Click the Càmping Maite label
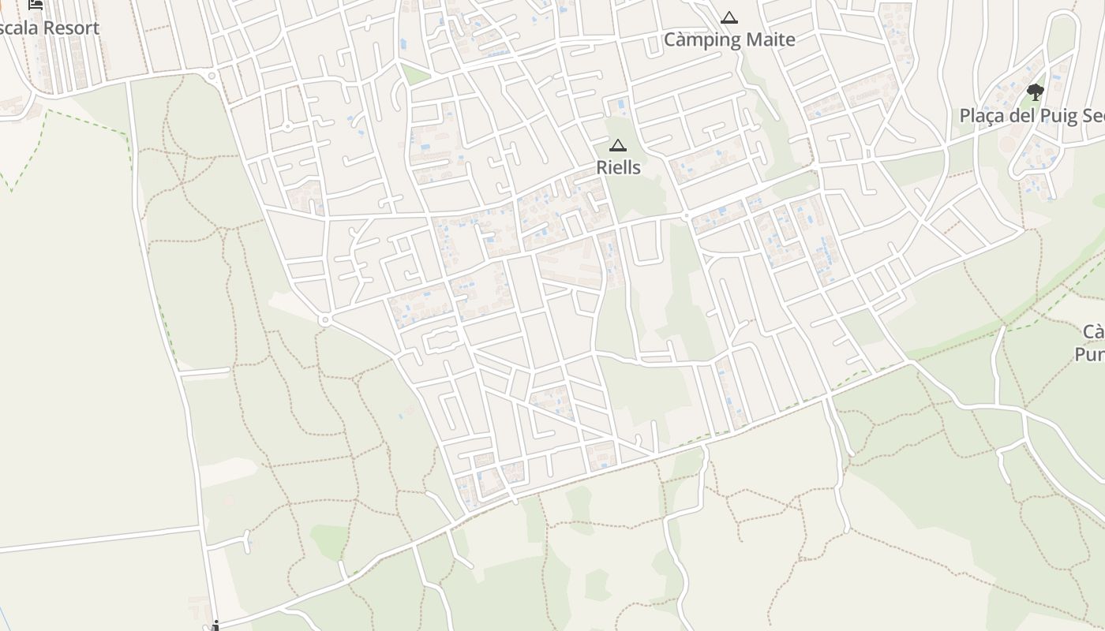tap(729, 39)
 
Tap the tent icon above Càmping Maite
tap(729, 17)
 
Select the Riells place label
tap(618, 167)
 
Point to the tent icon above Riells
tap(617, 144)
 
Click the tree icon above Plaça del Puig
tap(1035, 92)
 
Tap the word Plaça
tap(983, 116)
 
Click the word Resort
tap(71, 28)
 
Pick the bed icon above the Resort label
tap(36, 4)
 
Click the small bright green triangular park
tap(414, 76)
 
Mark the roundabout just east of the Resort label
tap(212, 77)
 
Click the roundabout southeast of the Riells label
tap(686, 215)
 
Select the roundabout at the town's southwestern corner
tap(324, 319)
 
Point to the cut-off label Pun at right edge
tap(1090, 355)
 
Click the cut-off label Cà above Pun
tap(1093, 331)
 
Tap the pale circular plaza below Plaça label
tap(1008, 145)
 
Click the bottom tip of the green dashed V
tap(11, 190)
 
